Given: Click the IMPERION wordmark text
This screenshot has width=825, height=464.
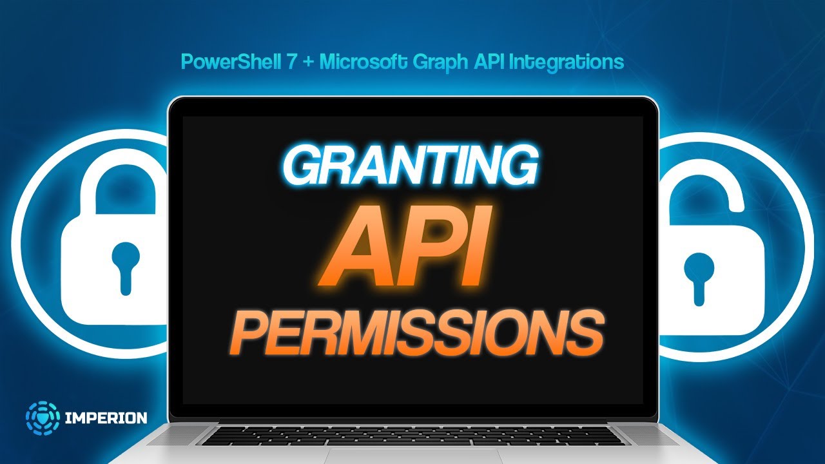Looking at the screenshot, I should pos(106,418).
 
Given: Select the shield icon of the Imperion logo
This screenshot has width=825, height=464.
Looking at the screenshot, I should pos(43,418).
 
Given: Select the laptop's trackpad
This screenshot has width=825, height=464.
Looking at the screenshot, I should pos(412,456).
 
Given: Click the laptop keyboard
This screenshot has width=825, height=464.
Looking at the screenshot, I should pos(412,436).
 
